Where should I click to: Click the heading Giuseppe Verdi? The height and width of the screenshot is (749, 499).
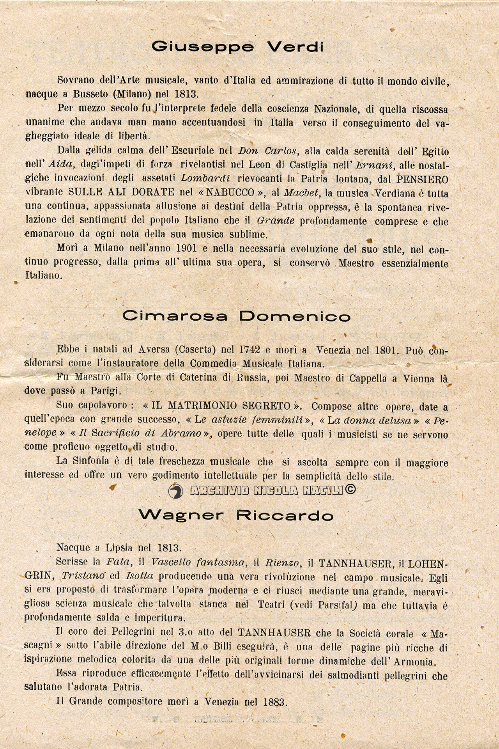[x=237, y=47]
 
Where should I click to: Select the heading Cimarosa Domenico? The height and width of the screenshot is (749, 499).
[x=236, y=316]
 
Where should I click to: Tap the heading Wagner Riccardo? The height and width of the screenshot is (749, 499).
[x=236, y=516]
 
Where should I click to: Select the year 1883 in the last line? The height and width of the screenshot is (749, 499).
[x=274, y=702]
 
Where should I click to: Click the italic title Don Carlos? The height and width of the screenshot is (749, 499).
[x=269, y=151]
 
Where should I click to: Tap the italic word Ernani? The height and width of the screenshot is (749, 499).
[x=375, y=165]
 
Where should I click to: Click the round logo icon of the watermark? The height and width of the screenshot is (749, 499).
[x=176, y=491]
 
